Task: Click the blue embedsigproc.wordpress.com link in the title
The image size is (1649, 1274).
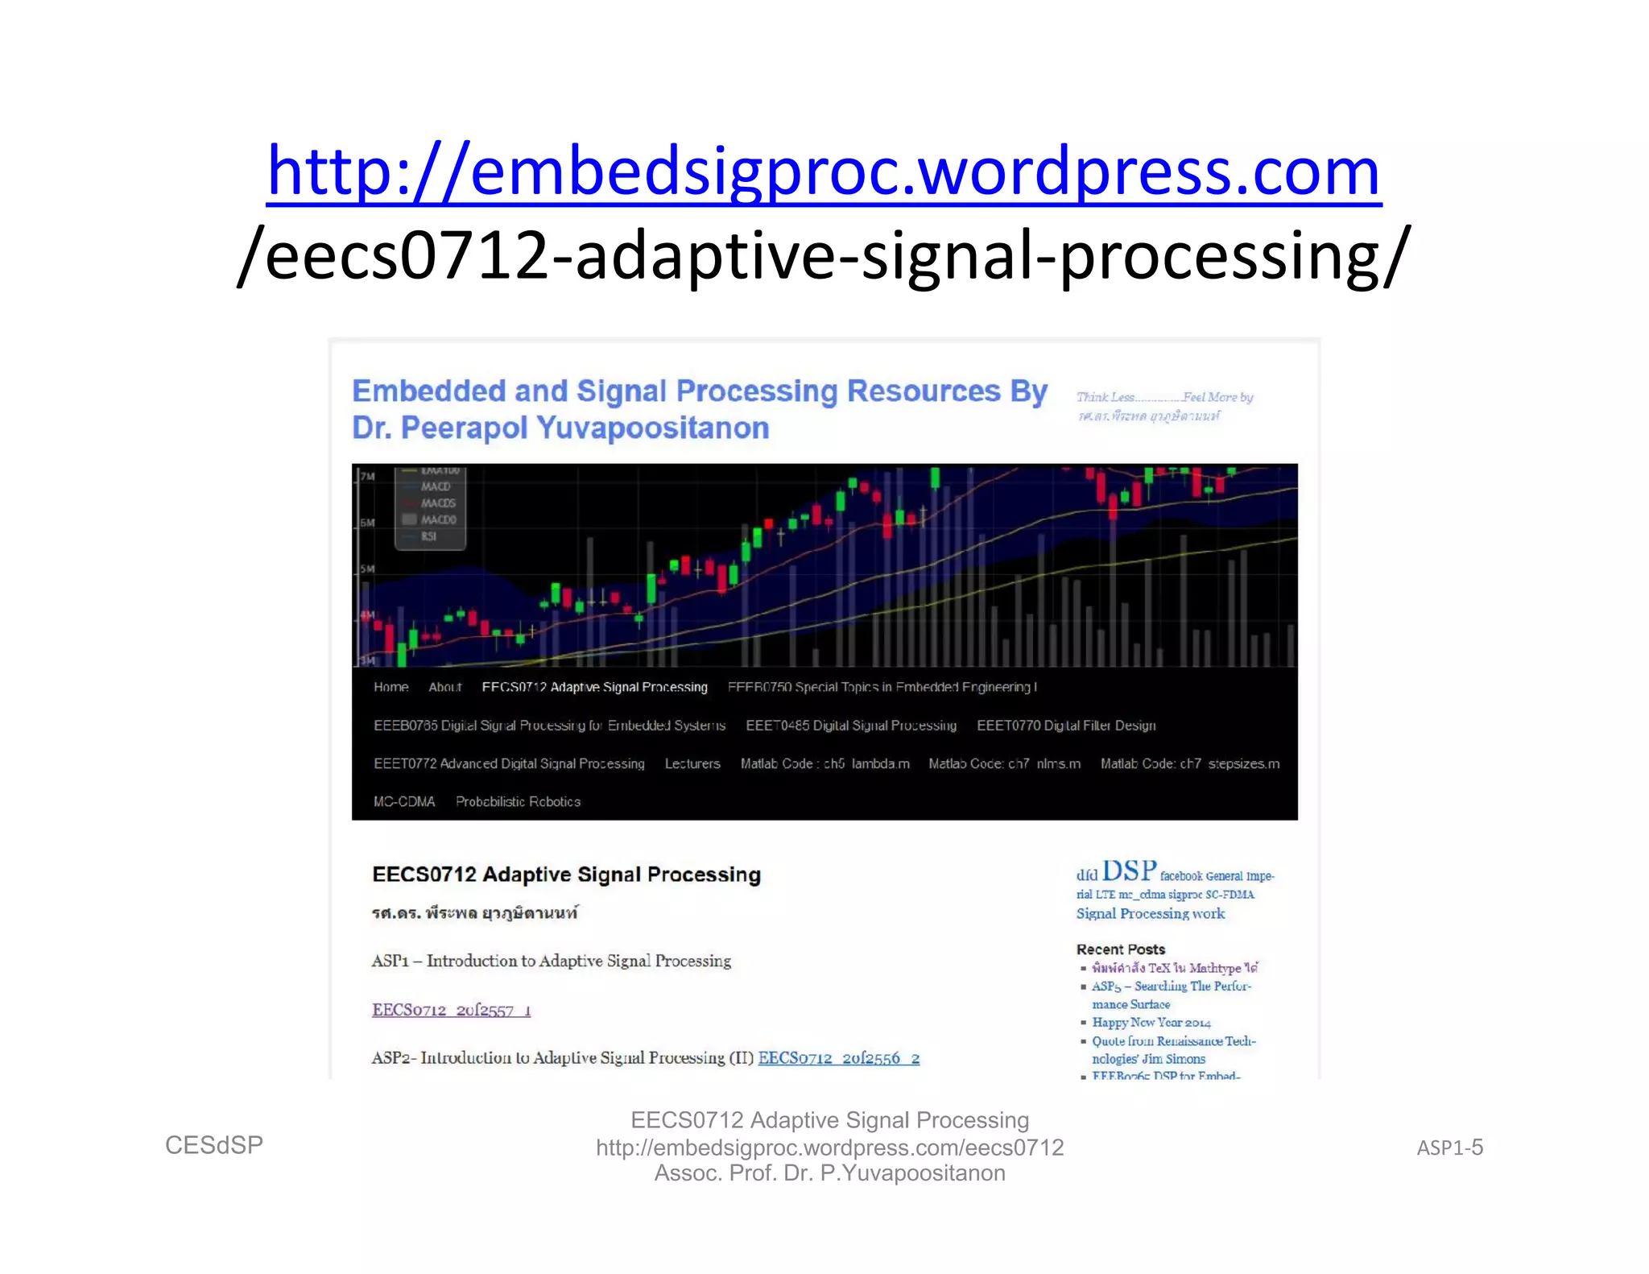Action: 824,172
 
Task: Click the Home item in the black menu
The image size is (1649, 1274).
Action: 391,687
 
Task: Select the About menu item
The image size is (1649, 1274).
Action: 444,687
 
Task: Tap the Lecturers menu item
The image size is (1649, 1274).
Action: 692,763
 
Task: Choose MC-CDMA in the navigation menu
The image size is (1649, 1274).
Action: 404,801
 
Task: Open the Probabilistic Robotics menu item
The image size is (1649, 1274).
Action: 518,801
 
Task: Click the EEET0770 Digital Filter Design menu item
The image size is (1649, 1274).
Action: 1066,726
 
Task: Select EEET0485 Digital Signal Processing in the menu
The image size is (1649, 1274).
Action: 851,726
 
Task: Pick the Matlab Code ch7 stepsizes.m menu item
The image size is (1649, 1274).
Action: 1189,763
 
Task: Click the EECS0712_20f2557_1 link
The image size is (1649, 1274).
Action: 451,1010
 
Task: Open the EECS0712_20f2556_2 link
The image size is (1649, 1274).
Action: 838,1058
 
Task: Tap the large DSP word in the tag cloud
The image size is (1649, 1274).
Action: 1129,871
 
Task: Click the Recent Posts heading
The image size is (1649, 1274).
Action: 1120,949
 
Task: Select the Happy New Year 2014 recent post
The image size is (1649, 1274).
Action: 1151,1023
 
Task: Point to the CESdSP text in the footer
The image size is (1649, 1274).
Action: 214,1145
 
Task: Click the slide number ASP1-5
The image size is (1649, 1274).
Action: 1449,1148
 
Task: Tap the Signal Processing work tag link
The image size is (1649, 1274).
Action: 1150,913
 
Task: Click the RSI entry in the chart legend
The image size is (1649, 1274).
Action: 428,536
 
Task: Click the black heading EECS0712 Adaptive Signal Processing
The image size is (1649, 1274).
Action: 566,875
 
